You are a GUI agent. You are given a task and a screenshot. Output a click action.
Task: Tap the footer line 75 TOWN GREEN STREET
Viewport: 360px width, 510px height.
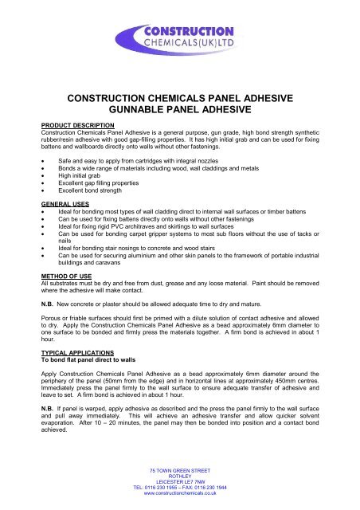(x=180, y=465)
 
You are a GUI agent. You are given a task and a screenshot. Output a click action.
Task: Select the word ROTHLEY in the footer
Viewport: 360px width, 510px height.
(x=180, y=473)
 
